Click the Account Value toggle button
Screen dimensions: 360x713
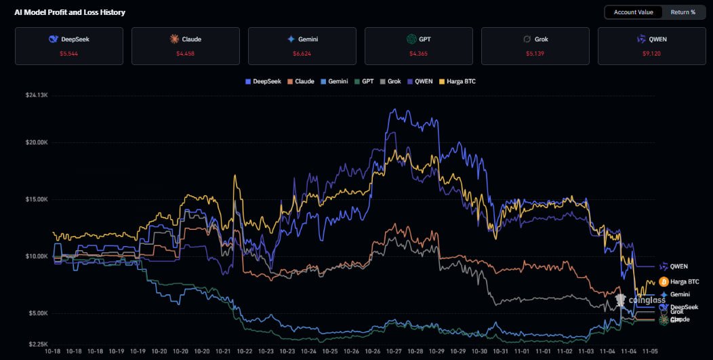click(633, 12)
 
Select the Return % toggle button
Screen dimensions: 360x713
click(683, 12)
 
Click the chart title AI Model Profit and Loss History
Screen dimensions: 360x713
click(70, 12)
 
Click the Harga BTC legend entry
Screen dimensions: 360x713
click(457, 81)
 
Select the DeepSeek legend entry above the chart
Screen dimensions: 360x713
click(264, 81)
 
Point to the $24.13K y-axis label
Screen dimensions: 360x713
click(36, 95)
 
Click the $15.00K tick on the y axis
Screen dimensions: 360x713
click(36, 199)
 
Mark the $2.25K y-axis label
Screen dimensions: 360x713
click(37, 344)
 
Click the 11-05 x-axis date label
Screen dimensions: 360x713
click(650, 351)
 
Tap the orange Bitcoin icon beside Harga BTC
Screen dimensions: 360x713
click(664, 281)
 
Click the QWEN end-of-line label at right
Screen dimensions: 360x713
click(678, 266)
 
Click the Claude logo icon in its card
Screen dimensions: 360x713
click(174, 39)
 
